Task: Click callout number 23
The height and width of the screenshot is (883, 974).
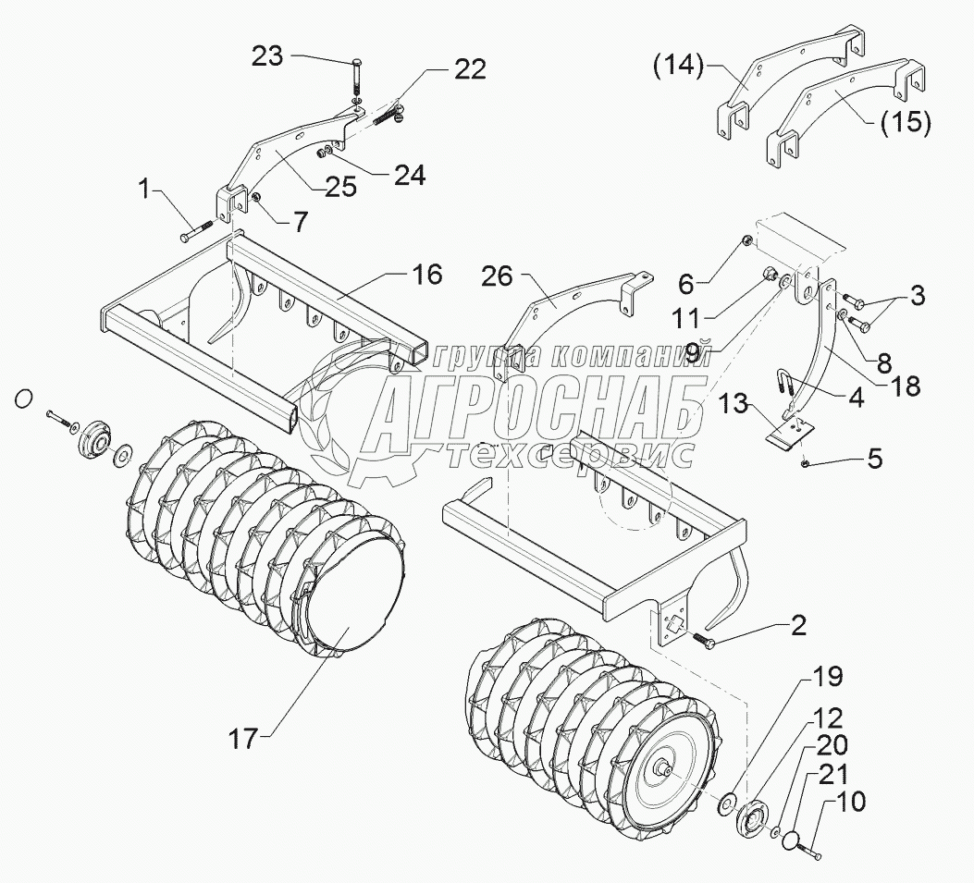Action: coord(269,55)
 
